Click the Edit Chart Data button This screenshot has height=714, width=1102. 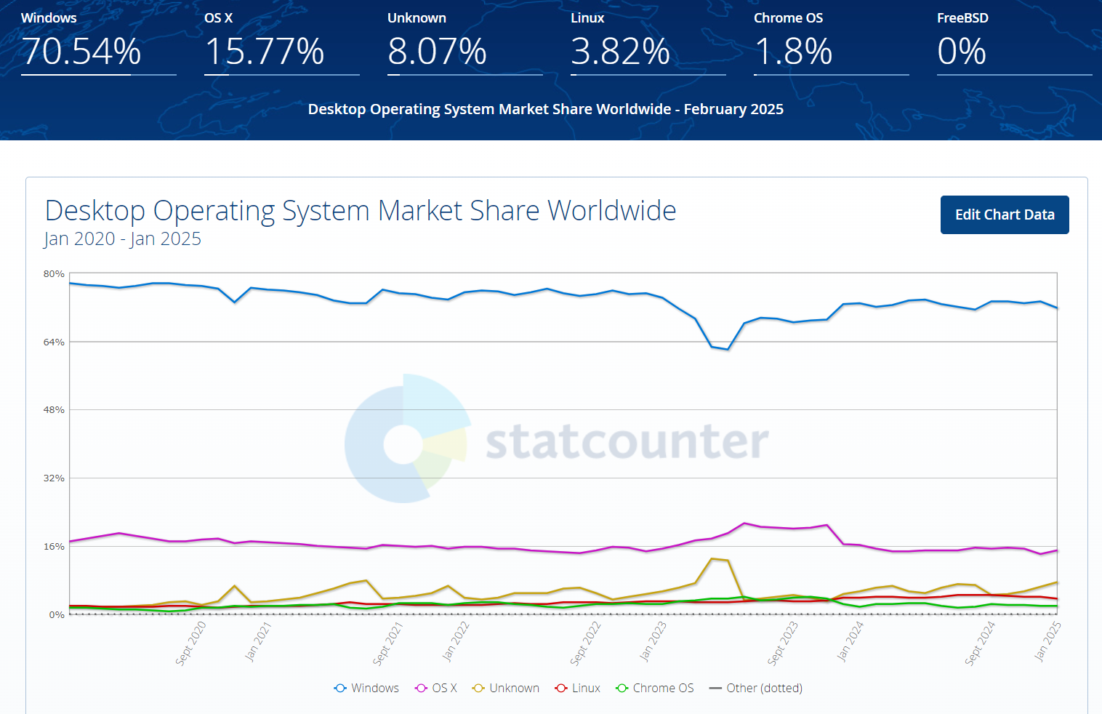1004,214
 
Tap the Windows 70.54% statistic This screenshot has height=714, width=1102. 81,52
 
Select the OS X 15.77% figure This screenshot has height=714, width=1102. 265,52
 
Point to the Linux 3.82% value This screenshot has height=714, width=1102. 620,52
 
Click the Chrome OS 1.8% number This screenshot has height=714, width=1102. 793,52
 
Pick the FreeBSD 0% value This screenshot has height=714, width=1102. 962,52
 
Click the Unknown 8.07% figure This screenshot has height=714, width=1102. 437,52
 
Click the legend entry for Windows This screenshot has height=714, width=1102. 367,688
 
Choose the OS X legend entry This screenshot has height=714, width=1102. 437,688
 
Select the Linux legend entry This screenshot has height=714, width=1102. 578,688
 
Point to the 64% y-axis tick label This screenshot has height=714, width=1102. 54,342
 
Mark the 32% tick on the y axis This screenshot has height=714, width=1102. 54,478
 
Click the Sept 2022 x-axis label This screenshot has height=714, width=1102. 585,643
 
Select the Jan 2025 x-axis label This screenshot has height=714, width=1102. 1047,641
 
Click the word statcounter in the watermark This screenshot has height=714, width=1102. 627,441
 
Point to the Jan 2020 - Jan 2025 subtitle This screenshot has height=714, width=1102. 122,239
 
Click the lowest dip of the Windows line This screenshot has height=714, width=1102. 728,349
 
